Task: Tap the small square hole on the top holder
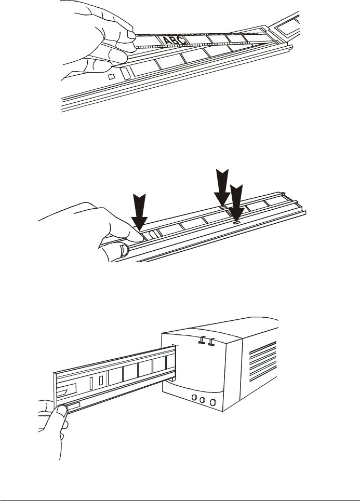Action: click(110, 76)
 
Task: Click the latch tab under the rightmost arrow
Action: click(236, 222)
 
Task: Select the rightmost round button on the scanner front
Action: click(212, 402)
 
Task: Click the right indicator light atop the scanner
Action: click(211, 342)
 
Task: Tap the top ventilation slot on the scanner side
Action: click(262, 350)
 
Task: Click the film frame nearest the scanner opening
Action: click(169, 364)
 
